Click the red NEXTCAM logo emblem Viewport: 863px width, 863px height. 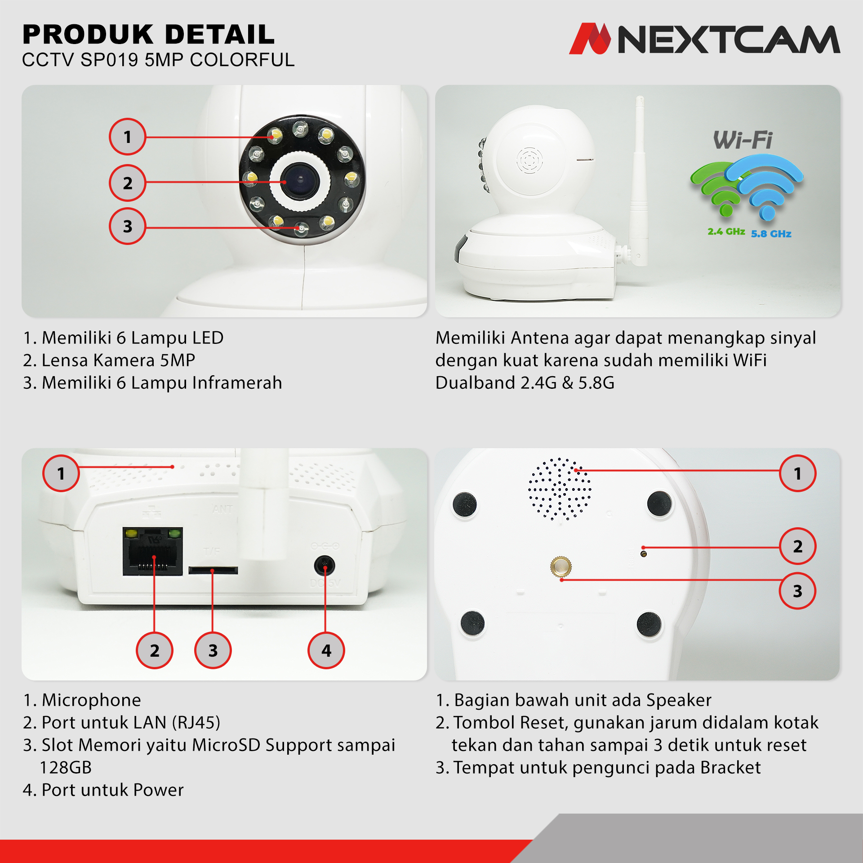click(x=590, y=39)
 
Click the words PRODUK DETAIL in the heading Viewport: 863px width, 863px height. click(x=148, y=35)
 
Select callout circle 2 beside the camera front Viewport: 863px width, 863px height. click(x=128, y=182)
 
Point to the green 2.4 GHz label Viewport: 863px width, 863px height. click(x=726, y=231)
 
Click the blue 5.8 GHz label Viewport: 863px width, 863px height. click(x=771, y=234)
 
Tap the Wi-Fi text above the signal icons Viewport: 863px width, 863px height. click(x=743, y=140)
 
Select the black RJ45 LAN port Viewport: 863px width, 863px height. click(x=153, y=552)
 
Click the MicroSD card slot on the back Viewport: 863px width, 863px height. click(x=213, y=570)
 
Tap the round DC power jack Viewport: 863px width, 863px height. click(x=325, y=565)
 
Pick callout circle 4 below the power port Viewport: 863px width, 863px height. click(x=326, y=650)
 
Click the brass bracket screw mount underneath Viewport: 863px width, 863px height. click(x=561, y=566)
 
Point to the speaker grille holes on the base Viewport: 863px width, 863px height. click(x=560, y=489)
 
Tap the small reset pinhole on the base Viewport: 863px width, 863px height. click(x=644, y=554)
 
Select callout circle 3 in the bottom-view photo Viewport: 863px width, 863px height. click(x=798, y=591)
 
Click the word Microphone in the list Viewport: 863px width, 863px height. click(x=91, y=700)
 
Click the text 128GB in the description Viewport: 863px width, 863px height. click(x=66, y=767)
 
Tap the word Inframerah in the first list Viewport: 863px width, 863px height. click(x=237, y=383)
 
